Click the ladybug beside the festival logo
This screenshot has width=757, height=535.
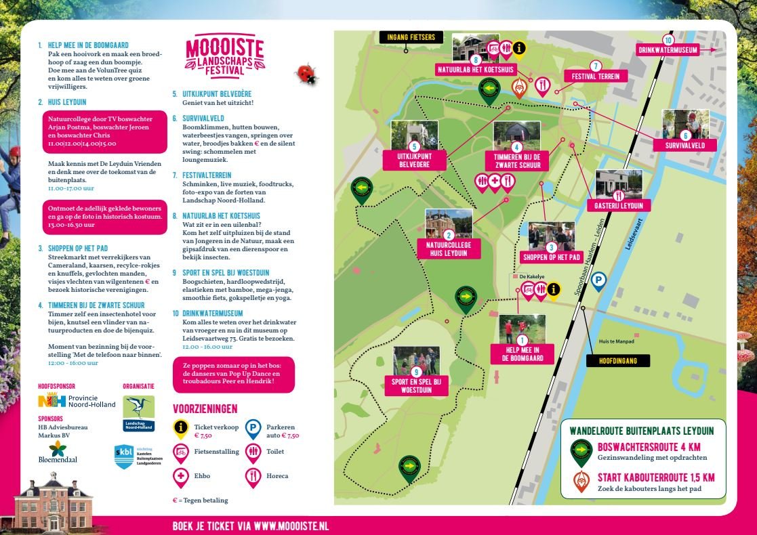(307, 74)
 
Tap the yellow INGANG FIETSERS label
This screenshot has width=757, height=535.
(411, 37)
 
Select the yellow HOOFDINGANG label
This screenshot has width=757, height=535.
(617, 361)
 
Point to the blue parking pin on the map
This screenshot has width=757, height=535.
(598, 280)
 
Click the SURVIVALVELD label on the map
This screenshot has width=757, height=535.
(685, 145)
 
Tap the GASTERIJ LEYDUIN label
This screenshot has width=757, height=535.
(618, 205)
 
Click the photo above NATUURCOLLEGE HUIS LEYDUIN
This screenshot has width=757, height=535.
(449, 223)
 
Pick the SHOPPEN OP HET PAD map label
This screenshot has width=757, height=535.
(552, 257)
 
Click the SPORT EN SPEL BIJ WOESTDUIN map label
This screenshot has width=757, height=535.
(416, 385)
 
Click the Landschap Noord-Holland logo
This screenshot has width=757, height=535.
(138, 412)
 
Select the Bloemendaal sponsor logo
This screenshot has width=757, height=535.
(58, 453)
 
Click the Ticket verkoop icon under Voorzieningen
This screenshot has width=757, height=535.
(181, 427)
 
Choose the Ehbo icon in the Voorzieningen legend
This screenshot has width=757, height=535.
(181, 476)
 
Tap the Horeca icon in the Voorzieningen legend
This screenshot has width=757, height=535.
(253, 476)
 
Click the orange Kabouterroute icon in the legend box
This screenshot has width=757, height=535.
(581, 481)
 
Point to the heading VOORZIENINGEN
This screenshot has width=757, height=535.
(205, 409)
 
